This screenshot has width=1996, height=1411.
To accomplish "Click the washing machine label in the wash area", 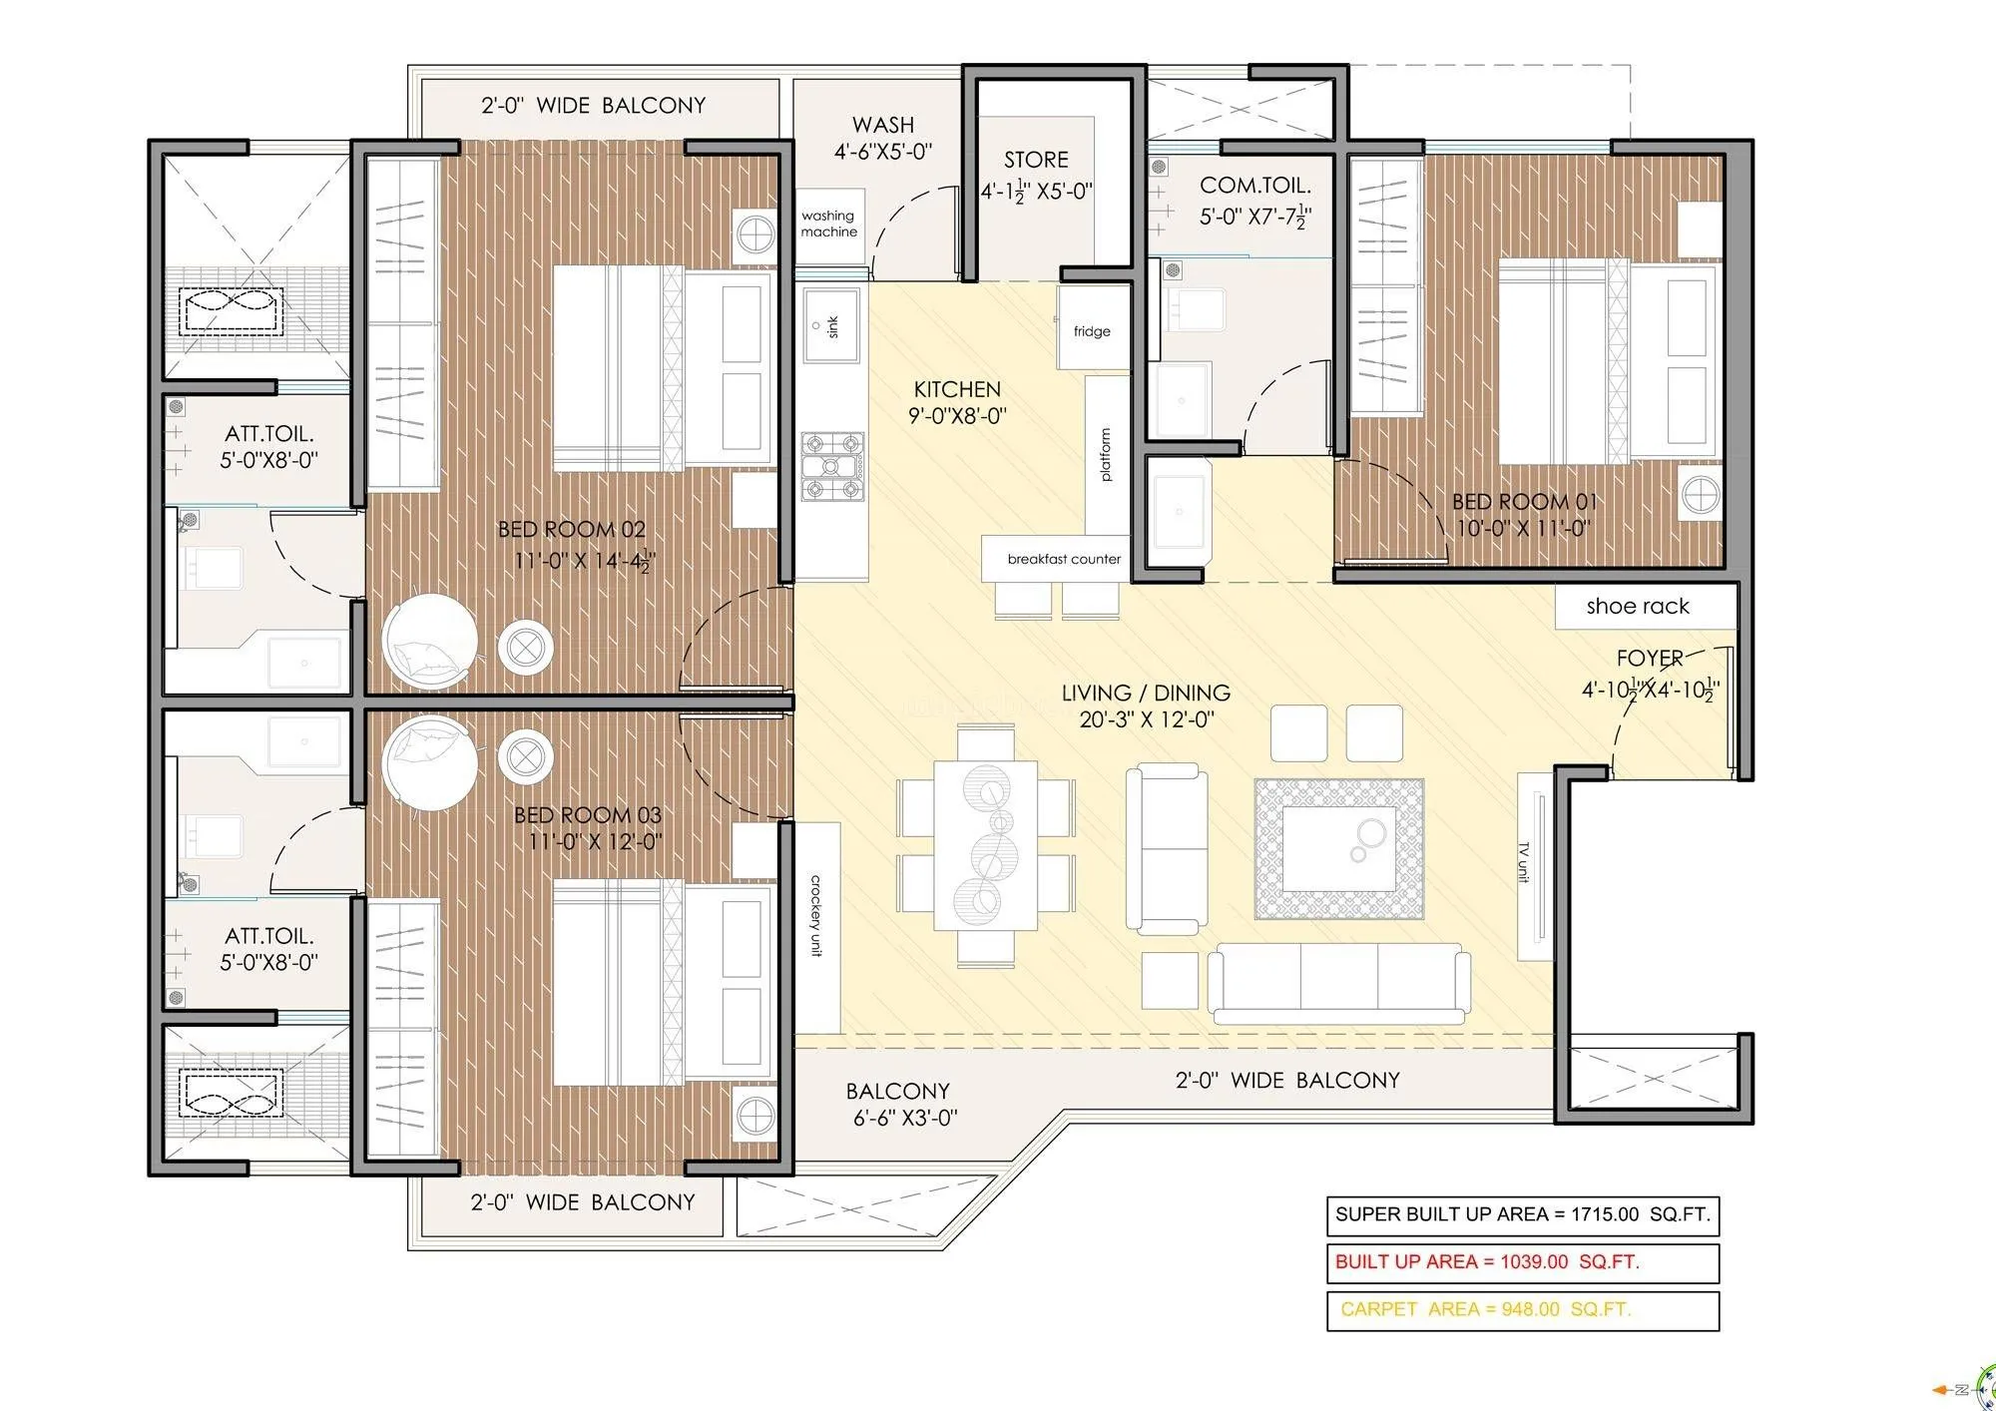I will pos(828,224).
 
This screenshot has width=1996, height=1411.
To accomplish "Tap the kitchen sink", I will pos(831,326).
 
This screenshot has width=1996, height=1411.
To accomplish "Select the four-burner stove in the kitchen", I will pos(831,466).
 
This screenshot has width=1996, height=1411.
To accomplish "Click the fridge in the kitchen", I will pos(1092,330).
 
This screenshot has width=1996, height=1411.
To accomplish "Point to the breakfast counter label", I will pos(1063,559).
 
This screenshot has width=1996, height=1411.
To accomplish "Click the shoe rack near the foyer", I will pos(1638,607).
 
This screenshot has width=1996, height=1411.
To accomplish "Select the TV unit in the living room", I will pos(1532,863).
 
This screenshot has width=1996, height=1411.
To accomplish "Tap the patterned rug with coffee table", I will pos(1338,849).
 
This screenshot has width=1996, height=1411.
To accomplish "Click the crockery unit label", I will pos(816,915).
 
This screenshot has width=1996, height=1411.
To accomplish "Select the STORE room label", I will pos(1036,160).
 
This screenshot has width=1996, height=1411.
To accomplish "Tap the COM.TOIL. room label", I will pos(1254,186).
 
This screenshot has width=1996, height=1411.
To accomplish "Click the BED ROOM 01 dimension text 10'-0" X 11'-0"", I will pos(1523,528).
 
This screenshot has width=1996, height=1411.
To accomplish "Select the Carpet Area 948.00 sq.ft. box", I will pos(1522,1310).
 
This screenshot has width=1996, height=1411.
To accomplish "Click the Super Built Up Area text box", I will pos(1522,1214).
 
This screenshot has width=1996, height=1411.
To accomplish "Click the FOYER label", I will pos(1649,658).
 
